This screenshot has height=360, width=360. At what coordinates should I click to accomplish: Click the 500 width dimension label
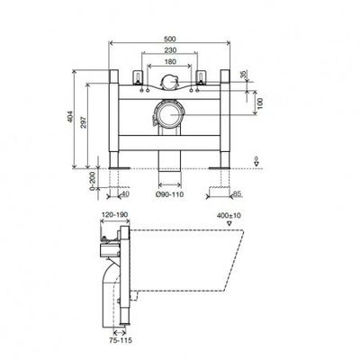click(x=170, y=39)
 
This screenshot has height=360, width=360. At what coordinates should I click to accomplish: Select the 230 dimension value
click(x=170, y=50)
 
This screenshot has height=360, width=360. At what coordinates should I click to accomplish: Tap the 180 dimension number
click(x=170, y=62)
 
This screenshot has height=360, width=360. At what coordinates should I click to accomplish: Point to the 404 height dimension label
click(x=69, y=117)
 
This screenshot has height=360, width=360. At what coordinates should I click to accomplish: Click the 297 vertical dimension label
click(x=84, y=122)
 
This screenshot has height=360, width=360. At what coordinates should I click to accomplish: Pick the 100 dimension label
click(x=260, y=103)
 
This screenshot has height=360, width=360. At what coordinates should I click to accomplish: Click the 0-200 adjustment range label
click(x=93, y=181)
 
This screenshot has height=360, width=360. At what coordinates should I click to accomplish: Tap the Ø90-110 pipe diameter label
click(x=170, y=194)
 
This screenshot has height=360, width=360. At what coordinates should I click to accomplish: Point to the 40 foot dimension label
click(x=125, y=194)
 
